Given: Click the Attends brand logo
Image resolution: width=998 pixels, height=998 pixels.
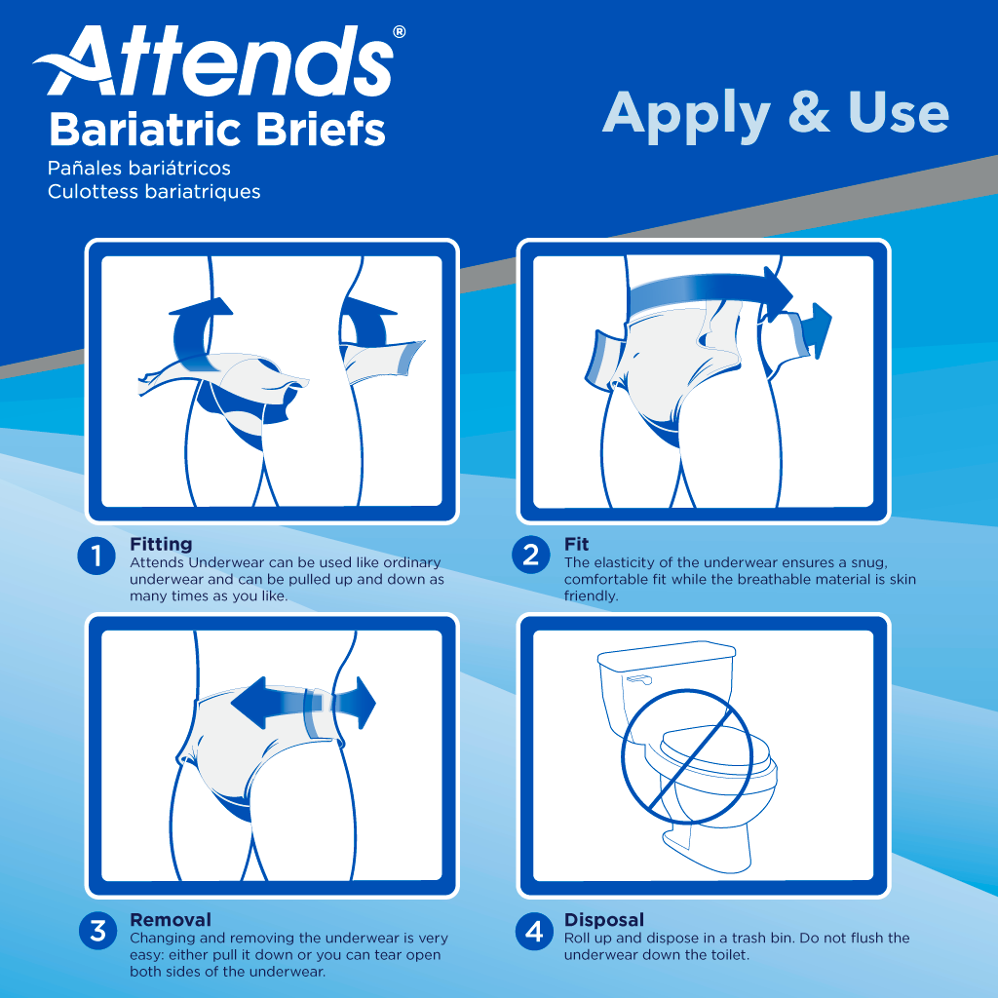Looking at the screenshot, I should tap(214, 64).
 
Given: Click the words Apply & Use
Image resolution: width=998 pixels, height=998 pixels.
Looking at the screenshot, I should tap(775, 113).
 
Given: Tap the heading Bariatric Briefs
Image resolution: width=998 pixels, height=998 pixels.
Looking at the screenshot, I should tap(216, 129).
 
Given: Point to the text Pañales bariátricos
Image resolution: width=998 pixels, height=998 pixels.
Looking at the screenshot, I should tap(139, 169).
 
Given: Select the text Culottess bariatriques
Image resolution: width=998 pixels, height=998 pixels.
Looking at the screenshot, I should tap(154, 191).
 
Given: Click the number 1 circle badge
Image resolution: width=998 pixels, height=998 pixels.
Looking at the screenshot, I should tap(97, 557).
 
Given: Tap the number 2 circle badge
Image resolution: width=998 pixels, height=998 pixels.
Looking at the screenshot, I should tap(531, 557).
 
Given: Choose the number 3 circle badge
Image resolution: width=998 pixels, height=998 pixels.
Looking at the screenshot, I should tap(97, 931).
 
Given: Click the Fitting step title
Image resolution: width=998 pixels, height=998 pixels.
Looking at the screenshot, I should tap(161, 544).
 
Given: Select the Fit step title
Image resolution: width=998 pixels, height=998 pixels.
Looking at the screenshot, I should tap(577, 544).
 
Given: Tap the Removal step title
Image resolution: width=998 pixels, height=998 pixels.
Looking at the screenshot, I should tap(170, 919).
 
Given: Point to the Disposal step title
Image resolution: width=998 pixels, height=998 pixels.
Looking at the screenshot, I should tap(603, 919).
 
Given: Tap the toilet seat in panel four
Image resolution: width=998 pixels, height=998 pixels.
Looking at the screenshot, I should tap(716, 755).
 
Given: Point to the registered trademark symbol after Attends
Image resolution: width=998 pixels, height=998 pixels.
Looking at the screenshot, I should tap(400, 32).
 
